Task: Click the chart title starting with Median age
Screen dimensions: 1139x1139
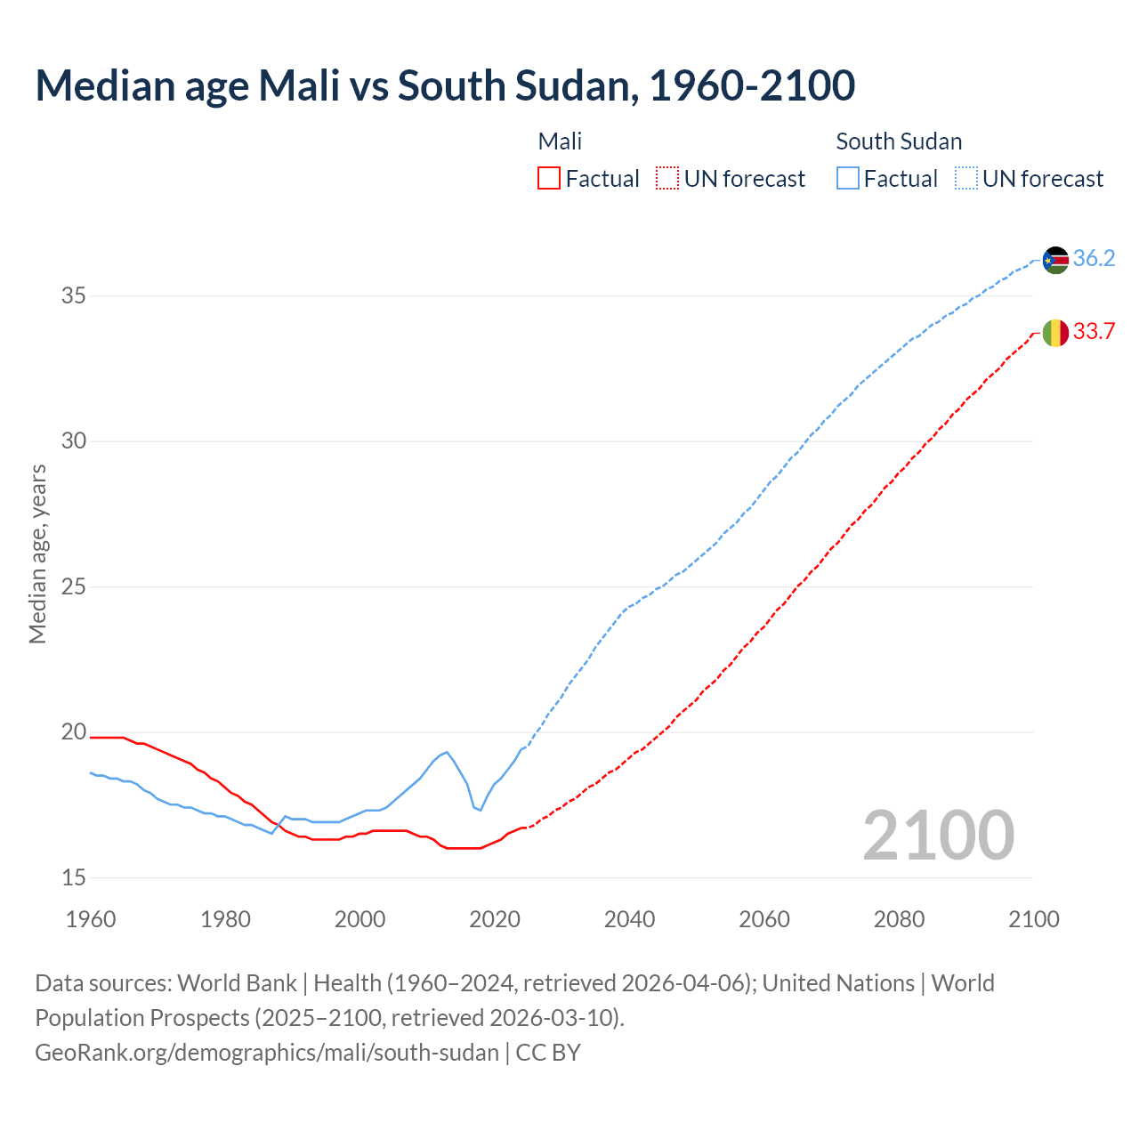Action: [x=445, y=85]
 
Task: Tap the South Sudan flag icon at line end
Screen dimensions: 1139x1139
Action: [x=1055, y=260]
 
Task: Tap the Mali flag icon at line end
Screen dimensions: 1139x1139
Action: [x=1055, y=333]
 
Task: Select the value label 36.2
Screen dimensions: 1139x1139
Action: [x=1094, y=259]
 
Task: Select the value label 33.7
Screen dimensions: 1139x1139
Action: [x=1094, y=332]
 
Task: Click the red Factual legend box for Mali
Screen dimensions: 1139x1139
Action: [x=549, y=179]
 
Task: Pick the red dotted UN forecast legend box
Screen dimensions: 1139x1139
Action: [x=667, y=179]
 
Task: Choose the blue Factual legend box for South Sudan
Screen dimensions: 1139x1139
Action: [x=848, y=179]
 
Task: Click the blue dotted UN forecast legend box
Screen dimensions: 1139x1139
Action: [x=965, y=179]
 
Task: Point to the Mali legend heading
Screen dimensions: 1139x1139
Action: [x=560, y=141]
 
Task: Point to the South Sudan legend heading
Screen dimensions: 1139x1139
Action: [x=899, y=141]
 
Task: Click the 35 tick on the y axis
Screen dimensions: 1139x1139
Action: [x=74, y=295]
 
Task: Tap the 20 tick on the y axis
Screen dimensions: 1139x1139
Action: [x=74, y=732]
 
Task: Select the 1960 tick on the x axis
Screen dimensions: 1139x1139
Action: [x=91, y=919]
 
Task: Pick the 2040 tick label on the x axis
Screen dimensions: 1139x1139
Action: [x=629, y=919]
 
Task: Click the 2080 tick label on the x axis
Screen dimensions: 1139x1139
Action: [x=899, y=919]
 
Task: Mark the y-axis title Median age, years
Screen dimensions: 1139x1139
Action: [x=37, y=553]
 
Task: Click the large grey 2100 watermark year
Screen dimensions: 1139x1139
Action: [x=938, y=835]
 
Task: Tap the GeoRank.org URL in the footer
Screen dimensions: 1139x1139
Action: [x=267, y=1053]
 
